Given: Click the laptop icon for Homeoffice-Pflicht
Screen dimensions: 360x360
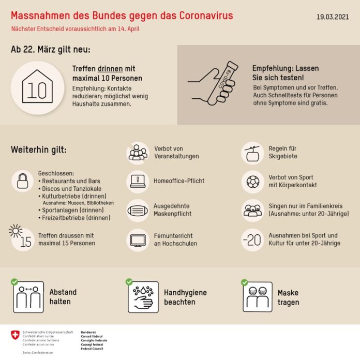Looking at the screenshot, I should pos(138,181).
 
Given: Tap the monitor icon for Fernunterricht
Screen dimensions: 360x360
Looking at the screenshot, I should pos(138,239).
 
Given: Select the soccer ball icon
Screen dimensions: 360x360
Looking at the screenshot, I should pos(253,182).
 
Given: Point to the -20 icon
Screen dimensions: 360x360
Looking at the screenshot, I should pos(252,239).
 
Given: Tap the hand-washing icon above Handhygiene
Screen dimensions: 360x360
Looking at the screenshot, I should pos(143,297).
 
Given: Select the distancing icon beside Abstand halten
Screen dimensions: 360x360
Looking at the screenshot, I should pos(28,297).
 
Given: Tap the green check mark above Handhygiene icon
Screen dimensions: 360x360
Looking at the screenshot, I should pos(129,282).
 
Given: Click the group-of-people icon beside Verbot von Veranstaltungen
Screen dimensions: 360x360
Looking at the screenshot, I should pos(138,153).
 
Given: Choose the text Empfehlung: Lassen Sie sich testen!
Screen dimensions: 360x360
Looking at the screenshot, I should pos(286,72).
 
